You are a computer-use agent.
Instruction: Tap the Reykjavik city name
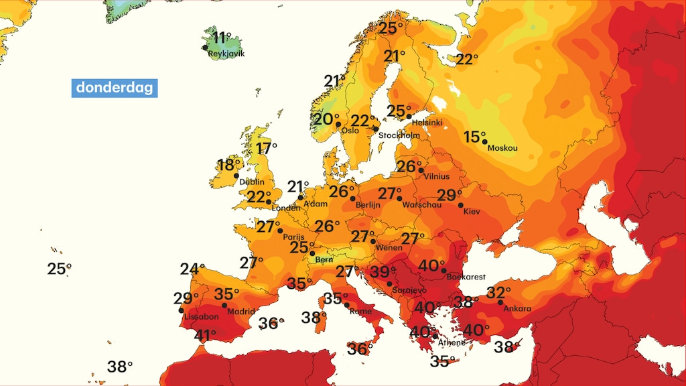click(227, 53)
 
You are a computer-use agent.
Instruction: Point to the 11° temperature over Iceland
click(222, 38)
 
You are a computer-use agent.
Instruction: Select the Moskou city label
click(502, 148)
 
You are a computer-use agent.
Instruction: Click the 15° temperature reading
click(474, 137)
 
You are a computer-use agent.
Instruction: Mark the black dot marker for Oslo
click(339, 124)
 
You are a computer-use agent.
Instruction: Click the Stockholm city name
click(399, 135)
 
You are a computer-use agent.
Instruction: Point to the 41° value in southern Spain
click(204, 334)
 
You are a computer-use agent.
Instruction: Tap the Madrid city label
click(241, 312)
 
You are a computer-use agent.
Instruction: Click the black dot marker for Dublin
click(236, 176)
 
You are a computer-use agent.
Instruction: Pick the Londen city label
click(285, 208)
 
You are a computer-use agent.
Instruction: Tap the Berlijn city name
click(368, 205)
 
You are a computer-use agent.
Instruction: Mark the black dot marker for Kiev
click(461, 205)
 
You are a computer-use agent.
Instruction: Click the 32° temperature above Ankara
click(498, 293)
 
